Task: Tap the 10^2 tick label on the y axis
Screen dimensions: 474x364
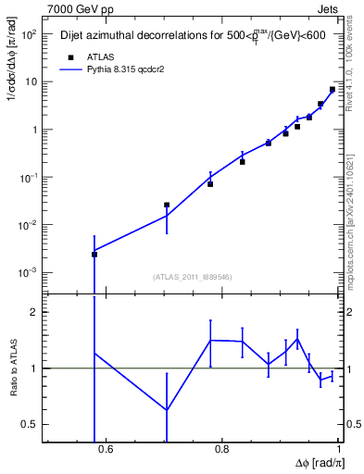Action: tap(29, 34)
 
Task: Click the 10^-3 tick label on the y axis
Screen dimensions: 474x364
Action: tap(28, 273)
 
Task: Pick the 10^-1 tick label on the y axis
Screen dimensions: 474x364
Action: tap(28, 178)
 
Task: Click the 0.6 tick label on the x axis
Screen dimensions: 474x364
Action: tap(106, 451)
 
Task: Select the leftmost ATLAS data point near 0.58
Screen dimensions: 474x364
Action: tap(94, 254)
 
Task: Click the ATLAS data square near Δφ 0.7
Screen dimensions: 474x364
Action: tap(167, 205)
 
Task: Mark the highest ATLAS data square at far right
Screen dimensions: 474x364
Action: tap(333, 90)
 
